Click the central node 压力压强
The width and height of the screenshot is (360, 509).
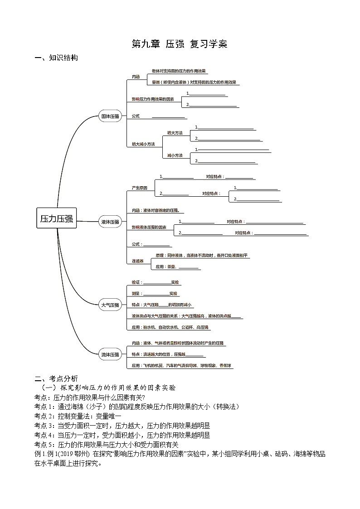56,219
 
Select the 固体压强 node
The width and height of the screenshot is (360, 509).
110,116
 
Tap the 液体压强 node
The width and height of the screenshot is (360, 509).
110,222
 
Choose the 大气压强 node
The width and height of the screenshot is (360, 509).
110,305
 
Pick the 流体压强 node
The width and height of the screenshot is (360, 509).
110,354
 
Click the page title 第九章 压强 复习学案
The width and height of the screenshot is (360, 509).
179,44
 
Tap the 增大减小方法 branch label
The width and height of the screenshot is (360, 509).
143,144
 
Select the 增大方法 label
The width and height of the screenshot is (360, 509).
175,133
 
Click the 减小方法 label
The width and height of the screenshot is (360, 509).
175,155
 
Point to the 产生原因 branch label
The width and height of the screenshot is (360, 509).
139,188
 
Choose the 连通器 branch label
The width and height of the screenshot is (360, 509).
137,261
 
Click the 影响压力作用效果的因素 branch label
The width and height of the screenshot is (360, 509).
152,99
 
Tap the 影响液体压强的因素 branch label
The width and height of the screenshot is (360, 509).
149,227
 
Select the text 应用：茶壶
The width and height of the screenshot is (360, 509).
166,267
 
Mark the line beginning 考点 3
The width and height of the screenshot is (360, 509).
122,426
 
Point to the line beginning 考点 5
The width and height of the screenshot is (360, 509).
107,445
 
